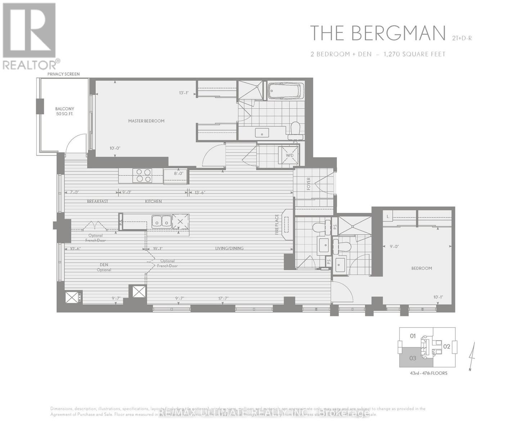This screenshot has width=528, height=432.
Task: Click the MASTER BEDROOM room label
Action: (146, 121)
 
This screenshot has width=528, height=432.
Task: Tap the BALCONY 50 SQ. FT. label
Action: (65, 111)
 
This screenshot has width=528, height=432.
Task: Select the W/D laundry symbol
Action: (290, 156)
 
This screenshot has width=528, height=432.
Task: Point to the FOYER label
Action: (308, 184)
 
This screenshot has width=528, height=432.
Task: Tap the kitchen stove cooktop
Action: (143, 176)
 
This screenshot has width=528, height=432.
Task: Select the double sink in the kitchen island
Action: (162, 221)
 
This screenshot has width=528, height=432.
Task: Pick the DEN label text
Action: (104, 265)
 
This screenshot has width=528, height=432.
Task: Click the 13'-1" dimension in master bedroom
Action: (184, 93)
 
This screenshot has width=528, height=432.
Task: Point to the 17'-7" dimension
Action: (223, 298)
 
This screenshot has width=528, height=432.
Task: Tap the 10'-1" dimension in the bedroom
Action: (438, 297)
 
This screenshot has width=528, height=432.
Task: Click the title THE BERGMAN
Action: (378, 33)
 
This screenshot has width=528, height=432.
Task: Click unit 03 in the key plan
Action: (413, 358)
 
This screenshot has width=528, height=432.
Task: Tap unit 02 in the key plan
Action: (447, 347)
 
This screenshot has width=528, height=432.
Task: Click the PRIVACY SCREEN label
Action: (64, 74)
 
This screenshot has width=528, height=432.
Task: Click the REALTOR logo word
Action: (30, 65)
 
